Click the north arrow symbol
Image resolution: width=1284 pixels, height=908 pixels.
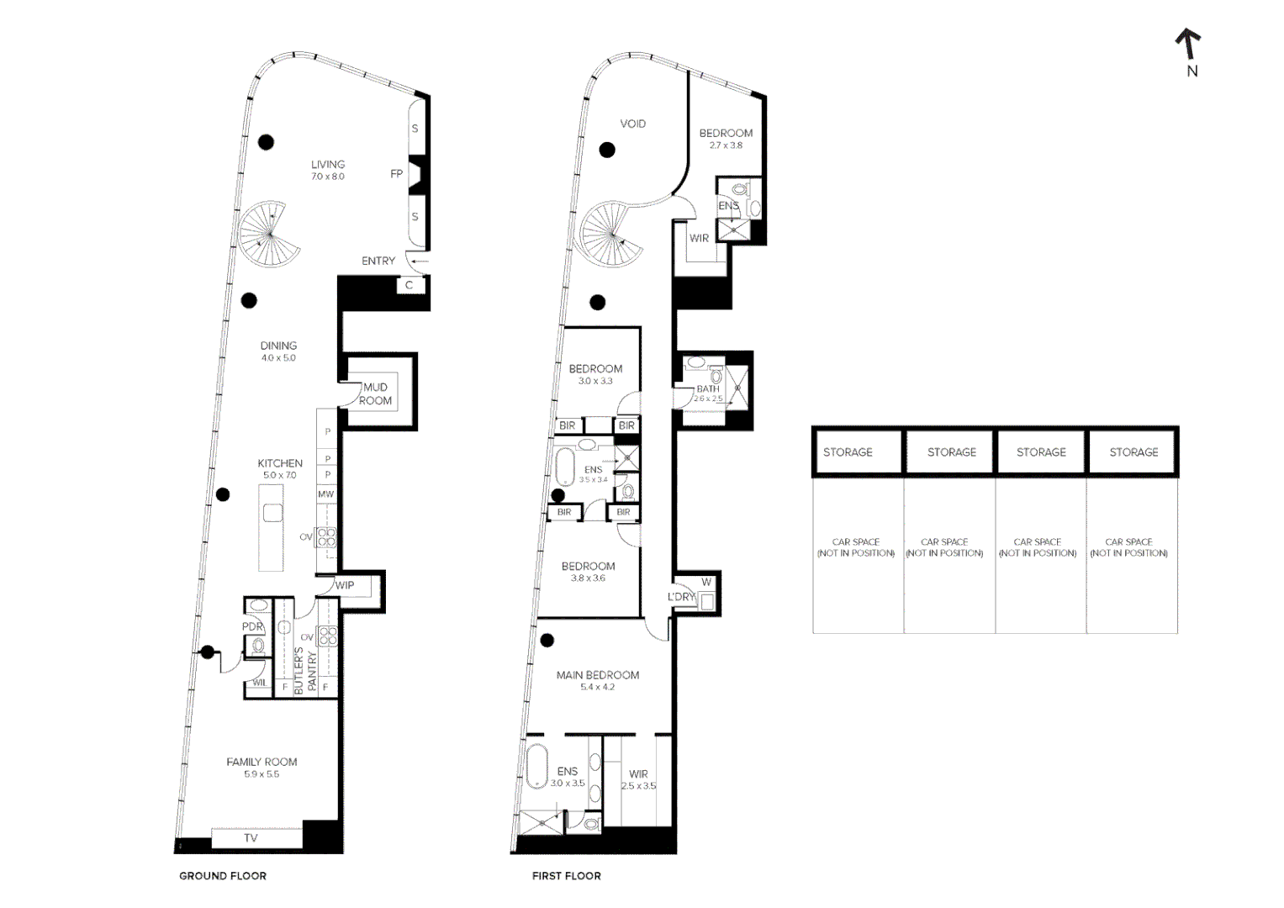click(x=1188, y=44)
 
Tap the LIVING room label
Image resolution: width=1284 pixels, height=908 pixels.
click(x=328, y=165)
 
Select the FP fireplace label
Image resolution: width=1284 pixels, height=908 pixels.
click(x=397, y=174)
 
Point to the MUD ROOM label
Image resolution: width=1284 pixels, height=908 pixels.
click(x=375, y=394)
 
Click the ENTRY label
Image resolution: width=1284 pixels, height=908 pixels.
click(x=378, y=261)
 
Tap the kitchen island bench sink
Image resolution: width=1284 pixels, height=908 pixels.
click(x=272, y=513)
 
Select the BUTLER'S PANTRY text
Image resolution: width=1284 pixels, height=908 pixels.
click(x=305, y=670)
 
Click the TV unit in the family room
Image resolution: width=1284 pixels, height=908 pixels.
click(x=251, y=838)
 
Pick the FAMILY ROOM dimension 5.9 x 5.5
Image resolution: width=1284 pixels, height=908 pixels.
click(x=262, y=774)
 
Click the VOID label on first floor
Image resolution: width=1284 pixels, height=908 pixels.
click(x=633, y=124)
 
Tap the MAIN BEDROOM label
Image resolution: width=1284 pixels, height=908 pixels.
click(x=598, y=675)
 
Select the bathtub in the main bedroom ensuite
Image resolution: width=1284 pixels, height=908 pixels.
click(x=536, y=765)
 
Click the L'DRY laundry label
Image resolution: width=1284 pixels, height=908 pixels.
click(x=681, y=597)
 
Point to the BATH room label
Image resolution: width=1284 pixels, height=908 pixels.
click(x=708, y=388)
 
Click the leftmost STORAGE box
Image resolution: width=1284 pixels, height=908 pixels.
click(x=848, y=452)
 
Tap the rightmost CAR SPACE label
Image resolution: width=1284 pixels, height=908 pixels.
click(x=1128, y=547)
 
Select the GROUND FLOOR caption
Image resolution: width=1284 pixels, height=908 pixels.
click(x=223, y=876)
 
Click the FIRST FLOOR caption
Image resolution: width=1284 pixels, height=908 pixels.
click(x=567, y=876)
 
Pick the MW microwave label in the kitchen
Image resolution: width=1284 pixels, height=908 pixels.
click(x=326, y=494)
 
